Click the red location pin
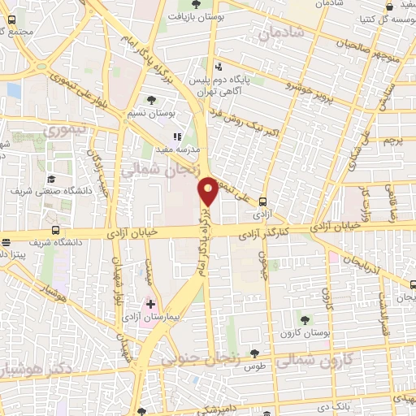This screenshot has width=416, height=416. point(210,191)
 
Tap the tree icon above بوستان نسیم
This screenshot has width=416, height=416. point(152,100)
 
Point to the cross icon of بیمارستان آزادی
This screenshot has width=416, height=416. point(150,303)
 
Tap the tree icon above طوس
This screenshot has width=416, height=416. point(255,353)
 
